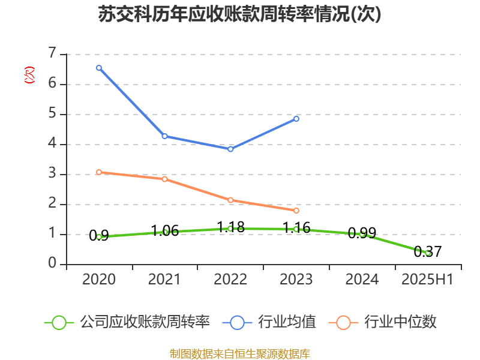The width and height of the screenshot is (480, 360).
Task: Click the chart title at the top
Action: coord(240,14)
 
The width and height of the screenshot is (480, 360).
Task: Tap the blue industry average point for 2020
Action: coord(99,68)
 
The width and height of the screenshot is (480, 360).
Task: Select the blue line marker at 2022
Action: coord(230,149)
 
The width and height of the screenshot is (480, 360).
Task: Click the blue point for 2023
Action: coord(296,119)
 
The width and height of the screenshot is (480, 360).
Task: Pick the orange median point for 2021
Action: coord(164,179)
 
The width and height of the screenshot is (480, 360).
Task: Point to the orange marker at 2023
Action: coord(296,211)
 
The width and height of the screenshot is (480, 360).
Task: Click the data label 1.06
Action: coord(164,230)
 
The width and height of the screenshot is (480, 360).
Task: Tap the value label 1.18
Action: coord(230,227)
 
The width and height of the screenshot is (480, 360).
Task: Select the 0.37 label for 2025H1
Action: coord(428,251)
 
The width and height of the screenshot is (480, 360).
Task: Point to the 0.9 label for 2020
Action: coord(99,236)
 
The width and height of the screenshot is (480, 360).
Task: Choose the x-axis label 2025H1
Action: coord(428,280)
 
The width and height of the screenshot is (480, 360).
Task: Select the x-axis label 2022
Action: coord(230,280)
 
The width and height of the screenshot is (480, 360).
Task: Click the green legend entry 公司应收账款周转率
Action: coord(144,322)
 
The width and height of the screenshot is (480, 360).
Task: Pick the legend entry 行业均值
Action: coord(286,322)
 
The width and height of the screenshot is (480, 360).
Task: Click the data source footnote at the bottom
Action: coord(240,353)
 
